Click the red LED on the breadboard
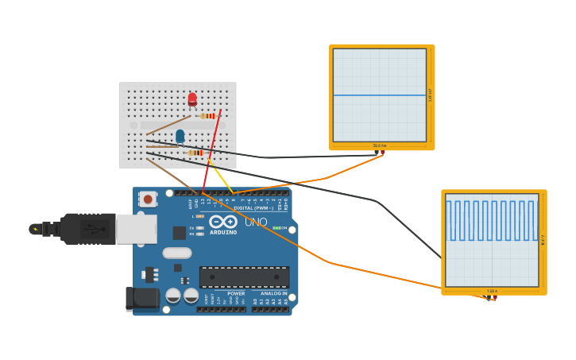click(x=192, y=99)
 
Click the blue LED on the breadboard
click(x=180, y=136)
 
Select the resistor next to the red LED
click(x=209, y=116)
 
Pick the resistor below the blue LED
click(x=195, y=153)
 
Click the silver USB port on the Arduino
click(x=136, y=229)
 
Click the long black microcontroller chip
click(x=244, y=277)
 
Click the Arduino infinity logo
click(x=223, y=222)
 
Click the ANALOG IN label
click(x=270, y=293)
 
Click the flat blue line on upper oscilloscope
click(x=380, y=95)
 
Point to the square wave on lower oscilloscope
click(x=492, y=220)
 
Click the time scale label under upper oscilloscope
click(x=380, y=145)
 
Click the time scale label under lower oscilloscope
click(x=492, y=291)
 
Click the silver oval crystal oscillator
click(x=177, y=253)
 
